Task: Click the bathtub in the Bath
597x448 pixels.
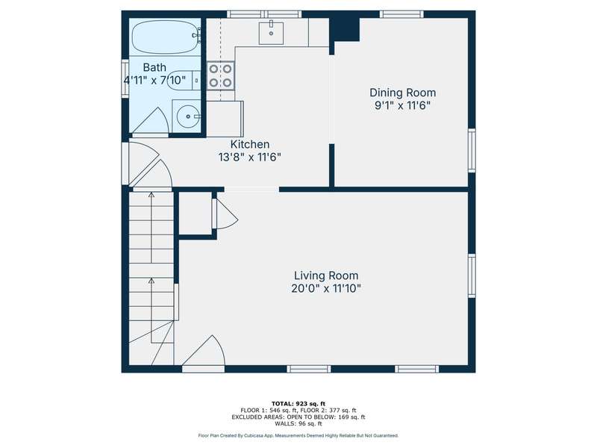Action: coord(165,37)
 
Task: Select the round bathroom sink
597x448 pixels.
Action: coord(187,116)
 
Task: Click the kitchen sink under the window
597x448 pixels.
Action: coord(271,33)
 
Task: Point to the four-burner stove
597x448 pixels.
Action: coord(220,75)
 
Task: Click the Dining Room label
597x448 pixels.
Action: coord(402,93)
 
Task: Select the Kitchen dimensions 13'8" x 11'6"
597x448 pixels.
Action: coord(249,157)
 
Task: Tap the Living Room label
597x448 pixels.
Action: coord(326,276)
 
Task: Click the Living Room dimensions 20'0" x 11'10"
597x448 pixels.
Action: coord(326,288)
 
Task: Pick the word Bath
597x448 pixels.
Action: coord(154,67)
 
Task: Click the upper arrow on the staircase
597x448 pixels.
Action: coord(151,228)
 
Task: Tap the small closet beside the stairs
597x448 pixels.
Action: coord(195,213)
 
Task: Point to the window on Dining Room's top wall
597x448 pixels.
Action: coord(401,14)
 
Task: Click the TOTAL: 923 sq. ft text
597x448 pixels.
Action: coord(298,403)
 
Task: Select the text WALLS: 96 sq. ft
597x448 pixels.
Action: coord(298,423)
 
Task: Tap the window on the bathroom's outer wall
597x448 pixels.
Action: coord(125,78)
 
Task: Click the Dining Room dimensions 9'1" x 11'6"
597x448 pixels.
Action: coord(402,105)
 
